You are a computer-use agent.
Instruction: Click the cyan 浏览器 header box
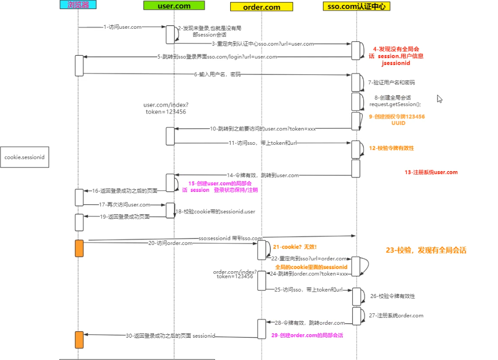click(78, 5)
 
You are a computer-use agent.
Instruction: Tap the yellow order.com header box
click(261, 7)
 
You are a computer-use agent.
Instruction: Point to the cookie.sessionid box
click(25, 157)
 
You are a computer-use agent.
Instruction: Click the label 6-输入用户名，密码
click(217, 74)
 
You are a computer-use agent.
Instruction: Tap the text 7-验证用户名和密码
click(391, 82)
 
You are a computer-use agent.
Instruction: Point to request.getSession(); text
click(395, 104)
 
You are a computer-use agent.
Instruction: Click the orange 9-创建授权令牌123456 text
click(396, 117)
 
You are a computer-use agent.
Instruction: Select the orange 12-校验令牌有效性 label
click(391, 148)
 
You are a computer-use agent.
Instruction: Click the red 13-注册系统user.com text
click(431, 173)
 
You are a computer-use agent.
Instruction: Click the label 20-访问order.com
click(170, 243)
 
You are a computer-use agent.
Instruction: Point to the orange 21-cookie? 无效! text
click(295, 246)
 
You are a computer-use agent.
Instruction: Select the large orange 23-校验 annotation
click(426, 250)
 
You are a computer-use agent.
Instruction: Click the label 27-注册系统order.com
click(396, 315)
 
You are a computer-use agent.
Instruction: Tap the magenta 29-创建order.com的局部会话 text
click(307, 335)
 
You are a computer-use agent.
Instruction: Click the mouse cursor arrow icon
click(439, 99)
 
